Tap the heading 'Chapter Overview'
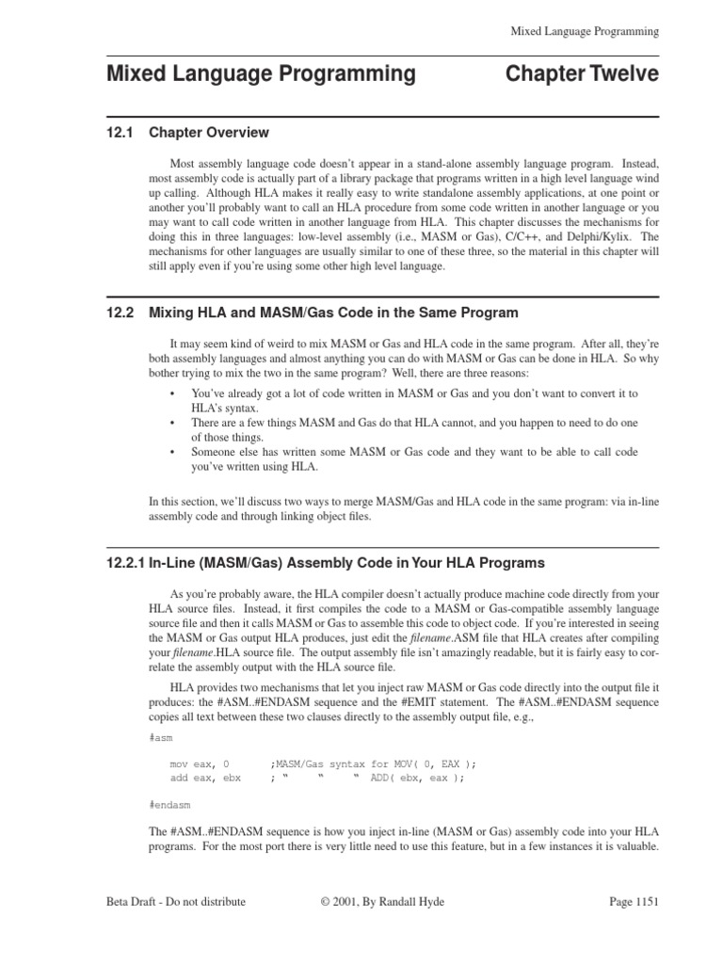coord(209,133)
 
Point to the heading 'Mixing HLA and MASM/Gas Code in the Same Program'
coord(333,313)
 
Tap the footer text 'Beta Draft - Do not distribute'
coord(176,901)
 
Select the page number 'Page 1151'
coord(634,901)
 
